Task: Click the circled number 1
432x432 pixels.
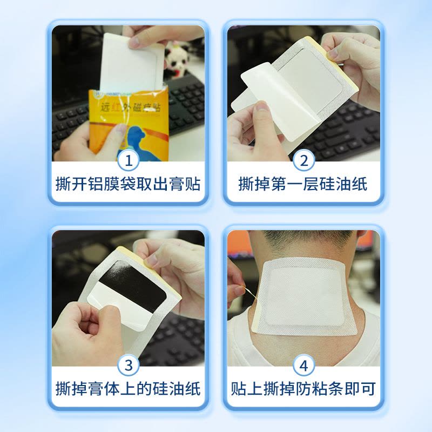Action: (x=129, y=160)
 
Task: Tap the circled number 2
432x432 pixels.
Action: (x=303, y=160)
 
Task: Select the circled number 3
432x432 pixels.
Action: (x=129, y=366)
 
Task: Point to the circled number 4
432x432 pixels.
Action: (x=303, y=366)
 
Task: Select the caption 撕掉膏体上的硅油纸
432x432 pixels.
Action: (x=129, y=388)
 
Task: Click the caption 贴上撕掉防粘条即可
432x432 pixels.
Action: (x=303, y=388)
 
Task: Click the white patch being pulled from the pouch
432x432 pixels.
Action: (x=132, y=59)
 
